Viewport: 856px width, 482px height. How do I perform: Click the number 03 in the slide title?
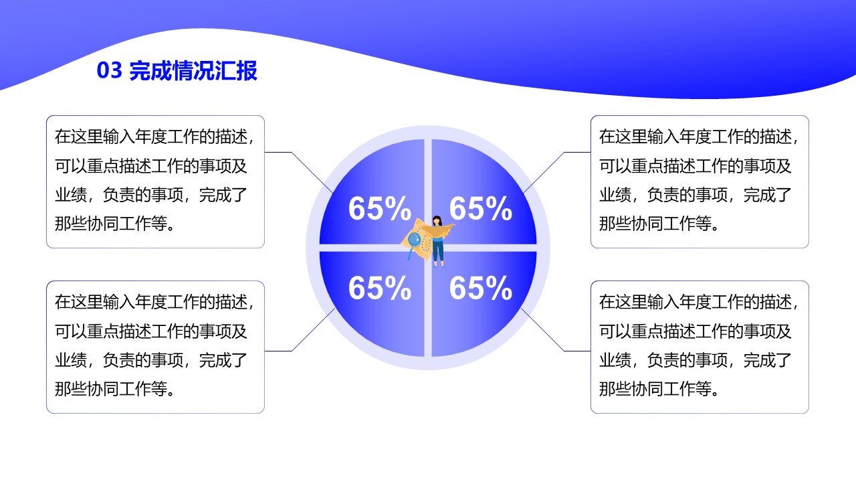coord(109,71)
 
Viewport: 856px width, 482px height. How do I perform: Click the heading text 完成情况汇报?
coord(193,71)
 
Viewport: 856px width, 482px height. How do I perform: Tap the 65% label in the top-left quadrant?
coord(379,208)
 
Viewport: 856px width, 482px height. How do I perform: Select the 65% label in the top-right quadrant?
coord(480,208)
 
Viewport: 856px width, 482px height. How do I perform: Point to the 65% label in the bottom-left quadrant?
coord(379,288)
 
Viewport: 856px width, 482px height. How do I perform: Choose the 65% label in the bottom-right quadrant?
coord(480,288)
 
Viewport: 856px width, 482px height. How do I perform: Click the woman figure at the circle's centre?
coord(437,242)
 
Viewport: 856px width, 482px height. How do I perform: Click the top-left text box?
coord(156,181)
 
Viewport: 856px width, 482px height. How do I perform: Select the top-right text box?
coord(700,181)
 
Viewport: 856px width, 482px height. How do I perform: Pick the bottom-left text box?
coord(156,347)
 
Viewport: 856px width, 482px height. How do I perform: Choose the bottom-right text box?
coord(700,347)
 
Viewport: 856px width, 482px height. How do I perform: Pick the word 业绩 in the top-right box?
coord(615,195)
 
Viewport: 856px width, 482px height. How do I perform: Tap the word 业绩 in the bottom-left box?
coord(71,360)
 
